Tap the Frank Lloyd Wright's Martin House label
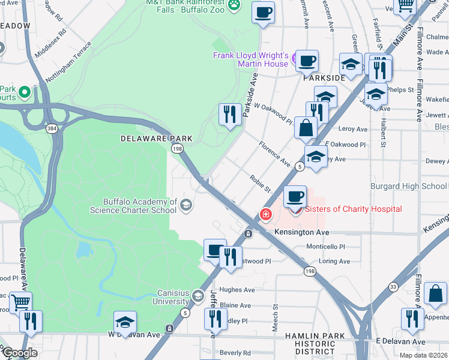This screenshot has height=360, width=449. [251, 59]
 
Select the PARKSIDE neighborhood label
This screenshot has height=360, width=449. [324, 78]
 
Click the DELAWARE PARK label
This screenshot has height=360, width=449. [156, 139]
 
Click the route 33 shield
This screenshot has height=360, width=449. [392, 287]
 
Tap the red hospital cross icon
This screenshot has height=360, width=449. [264, 214]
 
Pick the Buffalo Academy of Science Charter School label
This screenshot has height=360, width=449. [133, 206]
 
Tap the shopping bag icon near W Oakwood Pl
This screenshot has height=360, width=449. [306, 128]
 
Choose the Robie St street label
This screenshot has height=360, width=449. [261, 184]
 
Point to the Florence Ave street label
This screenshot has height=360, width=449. [274, 154]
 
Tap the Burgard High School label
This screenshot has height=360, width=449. [409, 187]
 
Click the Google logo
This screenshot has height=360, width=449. [20, 353]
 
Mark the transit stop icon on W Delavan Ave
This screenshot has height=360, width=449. [170, 329]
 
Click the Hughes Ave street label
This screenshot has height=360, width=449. [237, 290]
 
